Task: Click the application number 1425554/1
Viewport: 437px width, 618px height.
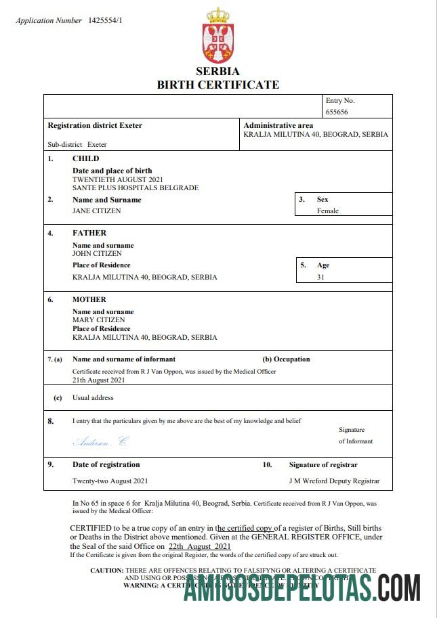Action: point(105,20)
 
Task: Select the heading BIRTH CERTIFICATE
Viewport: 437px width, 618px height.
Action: point(217,85)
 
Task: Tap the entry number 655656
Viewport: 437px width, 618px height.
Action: point(337,112)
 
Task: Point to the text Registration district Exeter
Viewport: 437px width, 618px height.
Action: point(95,125)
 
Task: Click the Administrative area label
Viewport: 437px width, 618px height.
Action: point(278,125)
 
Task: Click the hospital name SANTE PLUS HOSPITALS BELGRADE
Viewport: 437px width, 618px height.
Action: point(136,187)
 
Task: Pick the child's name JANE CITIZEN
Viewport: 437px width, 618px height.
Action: point(97,211)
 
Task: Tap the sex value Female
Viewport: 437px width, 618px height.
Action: point(328,211)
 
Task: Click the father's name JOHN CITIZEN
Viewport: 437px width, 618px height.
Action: point(98,254)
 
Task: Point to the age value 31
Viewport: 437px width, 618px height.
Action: point(321,277)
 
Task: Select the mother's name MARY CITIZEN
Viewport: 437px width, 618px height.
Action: point(99,319)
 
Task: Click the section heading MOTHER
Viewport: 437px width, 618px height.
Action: point(89,299)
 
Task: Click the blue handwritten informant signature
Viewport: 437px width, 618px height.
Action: point(100,441)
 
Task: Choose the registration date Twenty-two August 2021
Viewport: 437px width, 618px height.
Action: point(110,481)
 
